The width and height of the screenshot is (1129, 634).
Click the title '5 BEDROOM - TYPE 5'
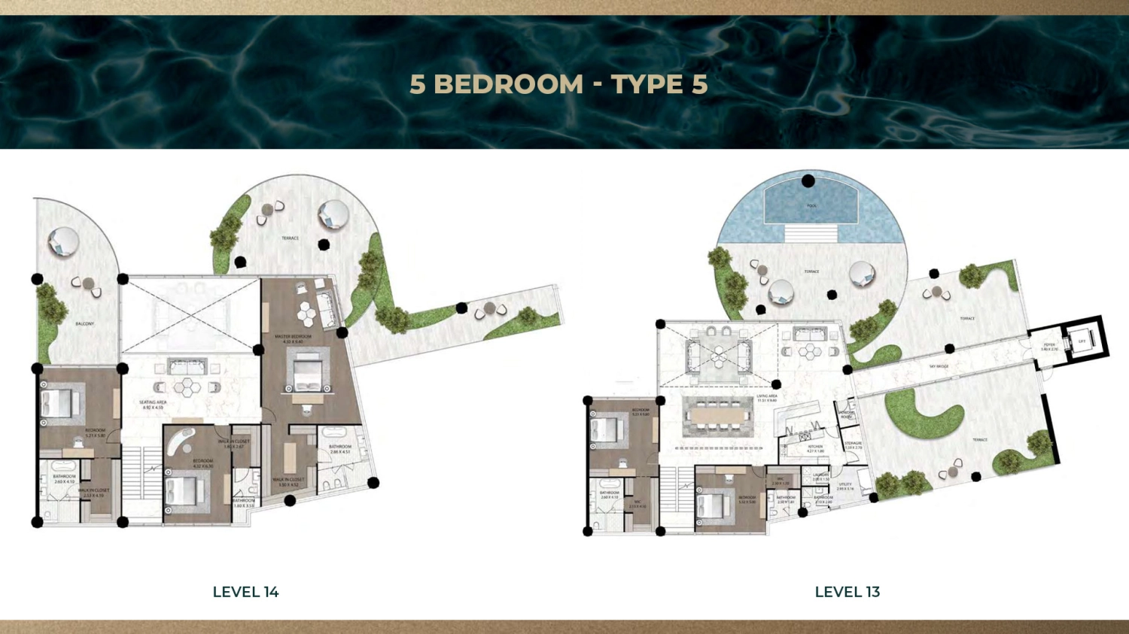pyautogui.click(x=558, y=84)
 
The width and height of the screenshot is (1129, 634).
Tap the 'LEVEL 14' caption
pyautogui.click(x=245, y=592)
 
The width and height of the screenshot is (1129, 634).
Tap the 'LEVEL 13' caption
pyautogui.click(x=847, y=592)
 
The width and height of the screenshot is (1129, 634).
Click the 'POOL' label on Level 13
pyautogui.click(x=811, y=205)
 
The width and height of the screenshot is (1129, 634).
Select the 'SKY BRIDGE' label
pyautogui.click(x=939, y=366)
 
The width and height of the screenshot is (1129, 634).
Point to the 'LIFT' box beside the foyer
pyautogui.click(x=1082, y=341)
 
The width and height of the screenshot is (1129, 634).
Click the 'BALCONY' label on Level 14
pyautogui.click(x=85, y=323)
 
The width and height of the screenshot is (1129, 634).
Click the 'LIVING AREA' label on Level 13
pyautogui.click(x=767, y=397)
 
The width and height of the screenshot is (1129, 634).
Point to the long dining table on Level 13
pyautogui.click(x=718, y=414)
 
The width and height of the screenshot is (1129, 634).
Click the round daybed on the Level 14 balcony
pyautogui.click(x=63, y=242)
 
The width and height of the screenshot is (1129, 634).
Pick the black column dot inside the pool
pyautogui.click(x=808, y=180)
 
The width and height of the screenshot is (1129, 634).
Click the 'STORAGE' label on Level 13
pyautogui.click(x=853, y=445)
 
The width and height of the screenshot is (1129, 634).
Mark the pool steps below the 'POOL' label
pyautogui.click(x=811, y=232)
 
